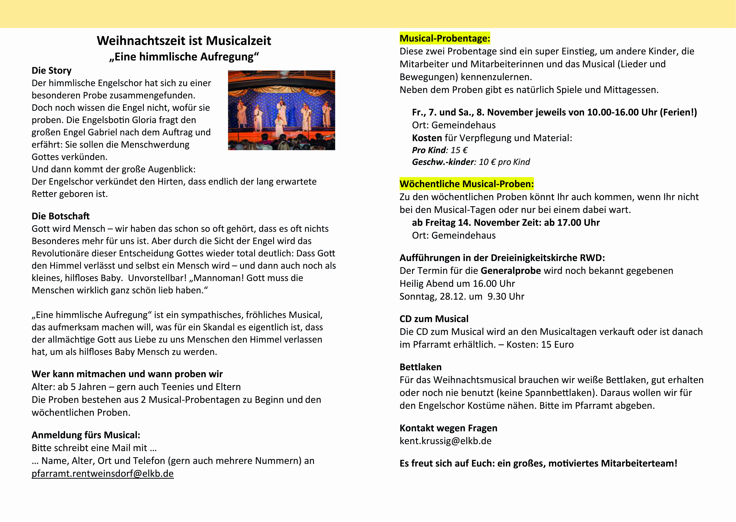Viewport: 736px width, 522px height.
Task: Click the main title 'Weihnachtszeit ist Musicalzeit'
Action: click(184, 41)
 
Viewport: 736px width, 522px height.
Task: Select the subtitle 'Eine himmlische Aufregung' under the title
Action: click(184, 57)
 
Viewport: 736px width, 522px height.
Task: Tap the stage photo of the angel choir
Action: click(281, 110)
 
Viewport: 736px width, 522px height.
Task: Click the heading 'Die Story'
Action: click(51, 70)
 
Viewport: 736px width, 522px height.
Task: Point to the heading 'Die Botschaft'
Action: click(60, 216)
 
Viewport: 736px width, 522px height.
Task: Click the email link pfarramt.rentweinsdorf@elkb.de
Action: click(102, 473)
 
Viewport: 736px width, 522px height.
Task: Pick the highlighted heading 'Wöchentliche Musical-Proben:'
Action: click(466, 184)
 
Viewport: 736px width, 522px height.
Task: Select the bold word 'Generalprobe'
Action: click(511, 271)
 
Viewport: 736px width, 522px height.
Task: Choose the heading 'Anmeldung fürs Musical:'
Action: click(86, 435)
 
